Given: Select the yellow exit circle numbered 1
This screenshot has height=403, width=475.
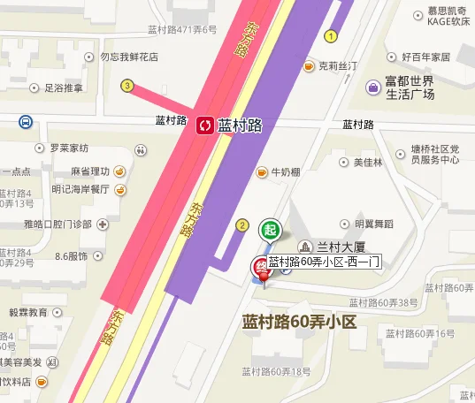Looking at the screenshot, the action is pyautogui.click(x=331, y=36).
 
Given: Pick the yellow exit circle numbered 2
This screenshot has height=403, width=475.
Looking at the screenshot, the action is pyautogui.click(x=241, y=225).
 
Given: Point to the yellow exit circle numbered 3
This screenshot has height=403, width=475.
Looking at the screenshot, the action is pyautogui.click(x=127, y=86).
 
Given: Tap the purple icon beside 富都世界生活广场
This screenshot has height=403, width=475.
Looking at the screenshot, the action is pyautogui.click(x=373, y=87).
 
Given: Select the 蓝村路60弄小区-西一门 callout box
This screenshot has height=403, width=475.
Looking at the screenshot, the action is pyautogui.click(x=325, y=262).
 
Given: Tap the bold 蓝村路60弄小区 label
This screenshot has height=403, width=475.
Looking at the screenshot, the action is pyautogui.click(x=298, y=322).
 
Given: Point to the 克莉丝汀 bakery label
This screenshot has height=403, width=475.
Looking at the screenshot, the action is pyautogui.click(x=337, y=65).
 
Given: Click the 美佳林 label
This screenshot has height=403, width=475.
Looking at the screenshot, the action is pyautogui.click(x=367, y=163).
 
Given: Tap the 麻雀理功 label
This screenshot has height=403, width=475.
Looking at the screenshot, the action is pyautogui.click(x=90, y=171).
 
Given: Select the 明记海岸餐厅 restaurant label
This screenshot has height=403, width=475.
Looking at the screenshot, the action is pyautogui.click(x=80, y=189).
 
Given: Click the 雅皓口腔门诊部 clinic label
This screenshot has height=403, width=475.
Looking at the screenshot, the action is pyautogui.click(x=58, y=224).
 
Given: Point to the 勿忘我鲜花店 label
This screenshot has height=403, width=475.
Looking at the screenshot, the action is pyautogui.click(x=128, y=57).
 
